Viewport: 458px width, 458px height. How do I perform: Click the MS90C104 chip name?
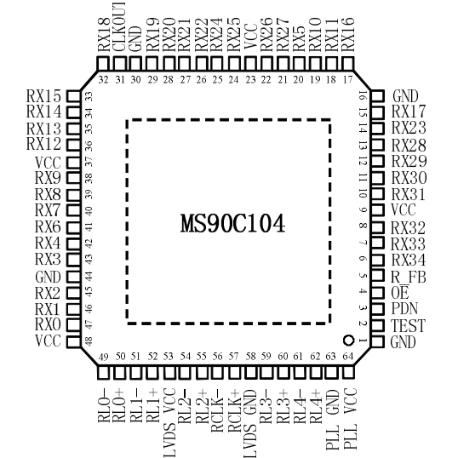(x=232, y=223)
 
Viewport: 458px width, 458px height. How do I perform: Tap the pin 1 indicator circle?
(x=348, y=341)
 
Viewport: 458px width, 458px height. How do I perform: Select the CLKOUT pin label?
(x=119, y=27)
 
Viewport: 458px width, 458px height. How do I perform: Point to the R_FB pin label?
(x=409, y=277)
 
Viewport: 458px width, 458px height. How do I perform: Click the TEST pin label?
(x=408, y=326)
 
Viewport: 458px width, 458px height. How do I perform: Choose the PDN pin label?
(x=404, y=309)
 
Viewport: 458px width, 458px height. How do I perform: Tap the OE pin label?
(x=400, y=292)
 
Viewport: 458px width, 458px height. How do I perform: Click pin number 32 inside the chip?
(x=103, y=79)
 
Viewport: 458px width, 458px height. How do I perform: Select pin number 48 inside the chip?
(x=89, y=341)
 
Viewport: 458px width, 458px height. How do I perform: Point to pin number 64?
(x=348, y=357)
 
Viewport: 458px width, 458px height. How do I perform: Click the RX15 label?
(x=43, y=96)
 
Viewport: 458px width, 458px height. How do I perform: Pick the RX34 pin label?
(x=409, y=260)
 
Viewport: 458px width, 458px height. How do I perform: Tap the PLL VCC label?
(x=351, y=419)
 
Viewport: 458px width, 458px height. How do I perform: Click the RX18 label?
(x=104, y=34)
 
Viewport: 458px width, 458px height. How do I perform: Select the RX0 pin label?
(x=48, y=324)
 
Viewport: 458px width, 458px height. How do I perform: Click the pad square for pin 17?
(x=347, y=64)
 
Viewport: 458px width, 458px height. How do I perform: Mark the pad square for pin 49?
(x=103, y=373)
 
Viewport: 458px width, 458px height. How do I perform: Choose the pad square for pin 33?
(x=73, y=96)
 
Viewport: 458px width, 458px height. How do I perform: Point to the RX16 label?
(x=348, y=34)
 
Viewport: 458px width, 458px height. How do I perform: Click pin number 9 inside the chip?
(x=363, y=209)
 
